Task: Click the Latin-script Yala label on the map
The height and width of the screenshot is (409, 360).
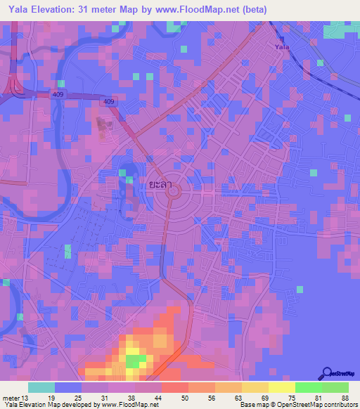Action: pos(282,46)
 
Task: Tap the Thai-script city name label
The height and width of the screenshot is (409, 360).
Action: pos(160,184)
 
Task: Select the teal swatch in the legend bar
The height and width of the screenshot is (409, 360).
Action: pos(41,387)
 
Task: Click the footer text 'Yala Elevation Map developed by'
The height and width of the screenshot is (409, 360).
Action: pos(53,405)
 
